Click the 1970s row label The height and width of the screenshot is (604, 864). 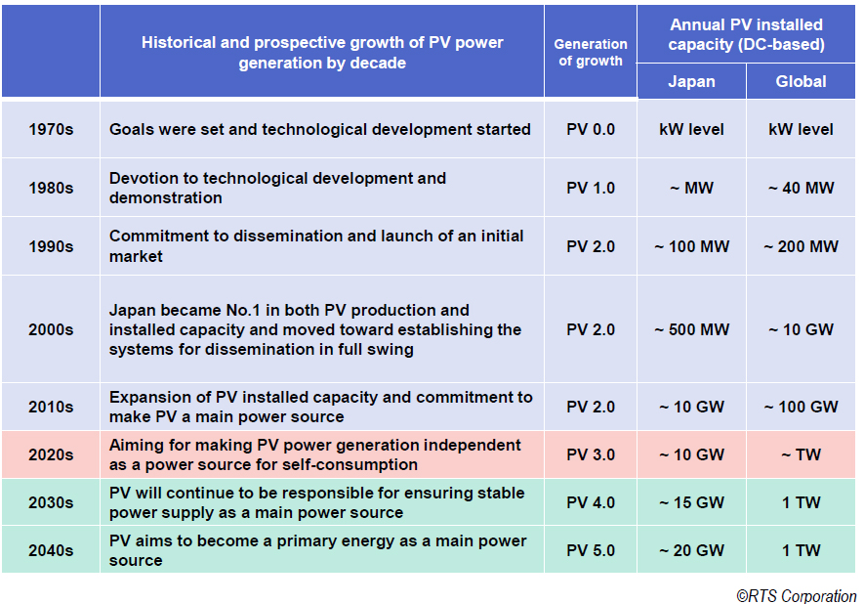click(51, 129)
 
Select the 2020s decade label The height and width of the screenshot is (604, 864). click(51, 454)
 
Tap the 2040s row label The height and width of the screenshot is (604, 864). click(51, 550)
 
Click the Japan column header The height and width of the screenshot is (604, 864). click(691, 81)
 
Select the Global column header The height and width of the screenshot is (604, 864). click(801, 81)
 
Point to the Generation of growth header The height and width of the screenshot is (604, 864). click(591, 52)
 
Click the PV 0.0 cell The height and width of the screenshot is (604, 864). click(591, 129)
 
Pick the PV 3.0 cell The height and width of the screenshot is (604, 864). click(591, 454)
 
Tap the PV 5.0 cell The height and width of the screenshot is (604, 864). click(591, 550)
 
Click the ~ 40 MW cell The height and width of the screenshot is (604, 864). click(801, 188)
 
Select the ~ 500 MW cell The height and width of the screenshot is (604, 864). click(691, 329)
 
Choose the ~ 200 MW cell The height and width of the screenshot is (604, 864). click(801, 246)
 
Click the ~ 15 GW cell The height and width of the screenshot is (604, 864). click(691, 502)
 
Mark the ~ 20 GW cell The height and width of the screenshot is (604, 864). click(691, 550)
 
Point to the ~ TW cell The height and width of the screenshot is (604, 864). click(801, 454)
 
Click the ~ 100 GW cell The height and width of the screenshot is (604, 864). click(801, 407)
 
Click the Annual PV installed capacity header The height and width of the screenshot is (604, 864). click(746, 34)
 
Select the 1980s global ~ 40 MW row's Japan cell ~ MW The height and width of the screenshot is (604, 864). click(691, 188)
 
